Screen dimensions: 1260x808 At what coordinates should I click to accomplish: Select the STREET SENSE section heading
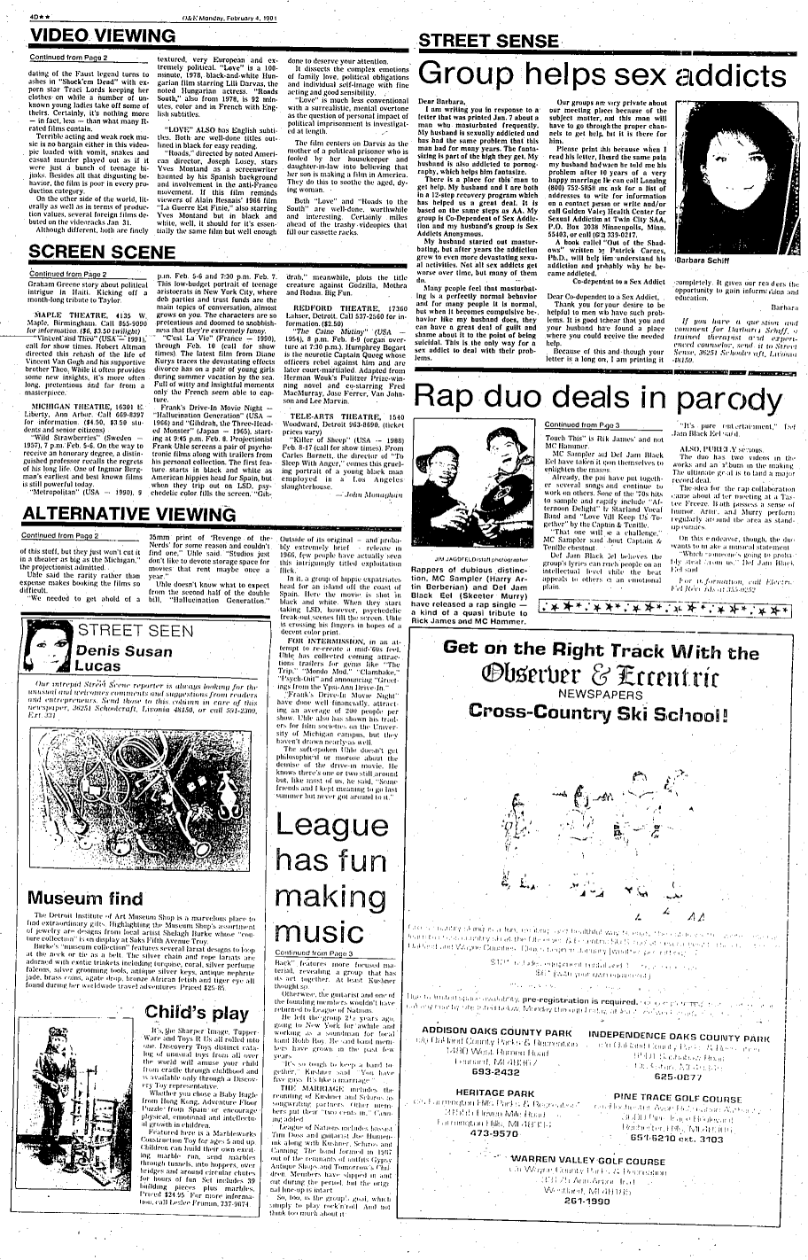tap(489, 41)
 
